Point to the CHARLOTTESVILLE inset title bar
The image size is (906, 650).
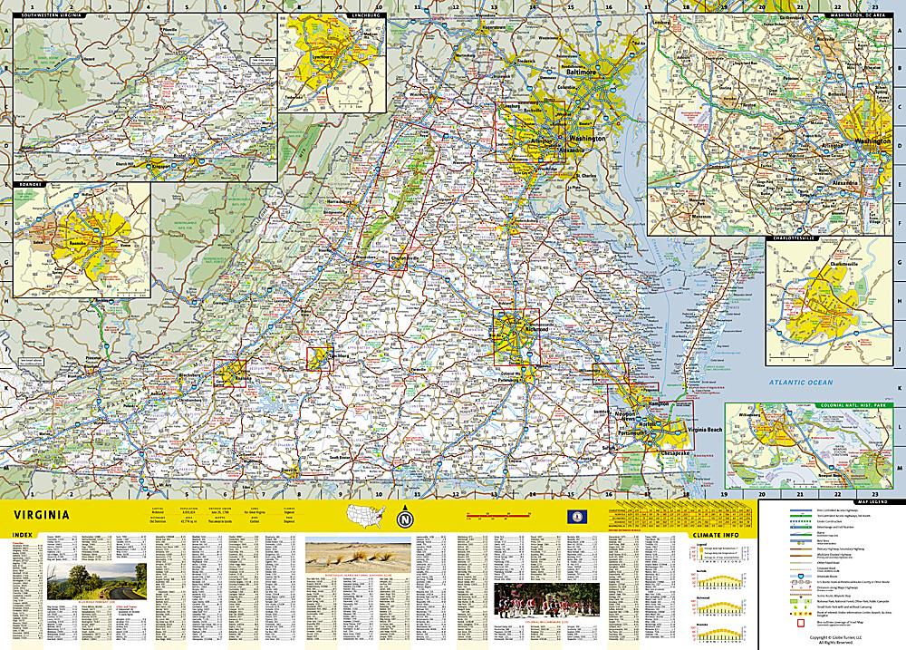[x=793, y=240]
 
